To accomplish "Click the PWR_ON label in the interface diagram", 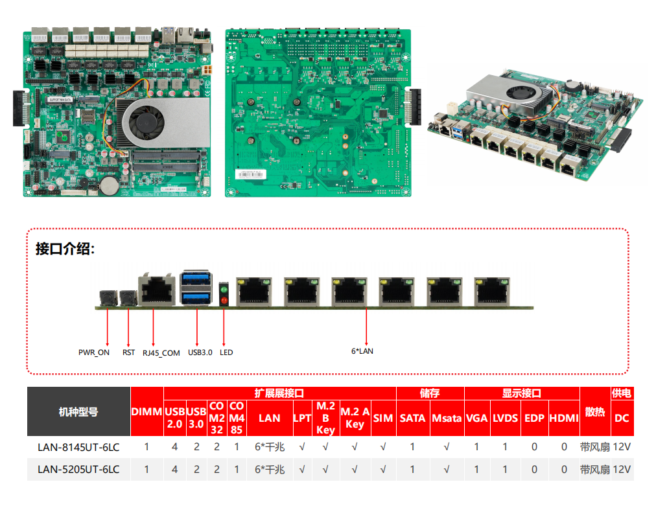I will [x=94, y=352].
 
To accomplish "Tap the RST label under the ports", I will [x=128, y=352].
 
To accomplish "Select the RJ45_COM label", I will [x=161, y=352].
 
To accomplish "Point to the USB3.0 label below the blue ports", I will [x=200, y=352].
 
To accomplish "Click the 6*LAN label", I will [x=362, y=351].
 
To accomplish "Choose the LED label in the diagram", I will [x=226, y=352].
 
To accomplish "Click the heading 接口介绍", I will [x=65, y=249].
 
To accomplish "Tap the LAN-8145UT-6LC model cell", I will [x=78, y=447].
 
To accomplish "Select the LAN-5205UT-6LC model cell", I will [x=78, y=469].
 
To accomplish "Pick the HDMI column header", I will [x=564, y=418].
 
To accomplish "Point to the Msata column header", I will [x=447, y=418].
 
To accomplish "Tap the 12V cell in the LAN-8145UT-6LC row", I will [x=622, y=447].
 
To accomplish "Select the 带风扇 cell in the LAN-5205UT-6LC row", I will [x=595, y=469].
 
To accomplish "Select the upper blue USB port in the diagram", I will [x=196, y=279].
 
